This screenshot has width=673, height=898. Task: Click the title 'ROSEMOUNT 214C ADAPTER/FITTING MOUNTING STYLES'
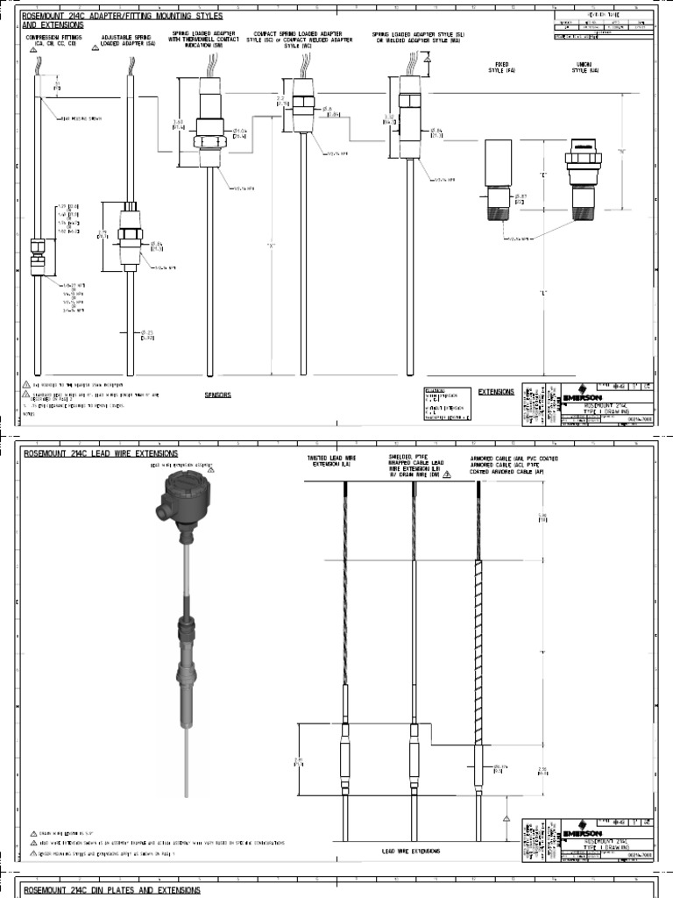click(x=122, y=16)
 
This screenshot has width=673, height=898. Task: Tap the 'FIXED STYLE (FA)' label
click(x=502, y=68)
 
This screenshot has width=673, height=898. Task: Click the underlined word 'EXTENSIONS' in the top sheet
click(x=497, y=392)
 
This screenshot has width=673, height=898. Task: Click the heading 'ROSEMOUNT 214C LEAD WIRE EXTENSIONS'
click(x=100, y=453)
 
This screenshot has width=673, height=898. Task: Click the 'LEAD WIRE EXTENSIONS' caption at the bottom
click(x=410, y=851)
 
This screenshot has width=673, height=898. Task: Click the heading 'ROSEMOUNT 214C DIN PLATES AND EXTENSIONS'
click(x=111, y=890)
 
